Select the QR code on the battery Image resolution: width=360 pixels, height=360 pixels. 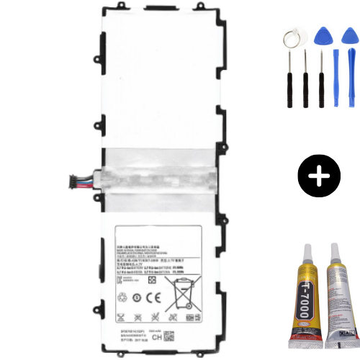tap(170, 336)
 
